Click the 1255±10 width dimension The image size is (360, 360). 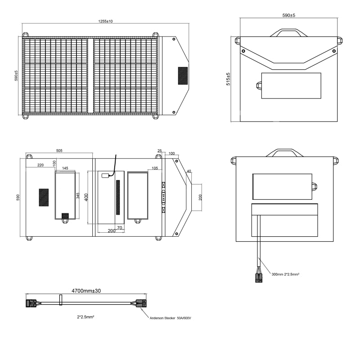105,21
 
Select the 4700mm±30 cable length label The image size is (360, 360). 86,291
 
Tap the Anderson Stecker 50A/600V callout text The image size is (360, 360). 171,318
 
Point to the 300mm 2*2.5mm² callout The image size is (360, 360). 285,274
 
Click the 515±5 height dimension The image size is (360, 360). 228,79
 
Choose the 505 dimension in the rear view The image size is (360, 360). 59,151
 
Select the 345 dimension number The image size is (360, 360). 78,196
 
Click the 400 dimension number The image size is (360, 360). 86,197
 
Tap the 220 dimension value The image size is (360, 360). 40,165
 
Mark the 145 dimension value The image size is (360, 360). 65,168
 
